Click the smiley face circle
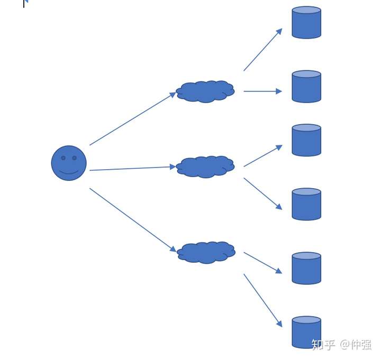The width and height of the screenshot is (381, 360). pyautogui.click(x=69, y=163)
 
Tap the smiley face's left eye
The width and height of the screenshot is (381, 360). pyautogui.click(x=63, y=158)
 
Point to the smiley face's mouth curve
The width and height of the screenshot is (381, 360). pyautogui.click(x=69, y=172)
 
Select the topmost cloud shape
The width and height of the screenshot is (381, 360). pyautogui.click(x=205, y=91)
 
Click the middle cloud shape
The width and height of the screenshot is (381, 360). pyautogui.click(x=205, y=167)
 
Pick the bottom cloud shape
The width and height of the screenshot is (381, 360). pyautogui.click(x=206, y=252)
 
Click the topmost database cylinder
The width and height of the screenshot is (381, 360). pyautogui.click(x=306, y=23)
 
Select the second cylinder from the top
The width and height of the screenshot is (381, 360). pyautogui.click(x=306, y=87)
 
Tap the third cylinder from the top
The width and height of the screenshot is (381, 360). pyautogui.click(x=306, y=141)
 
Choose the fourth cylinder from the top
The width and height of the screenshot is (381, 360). pyautogui.click(x=306, y=205)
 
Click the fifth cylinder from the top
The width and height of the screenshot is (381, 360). pyautogui.click(x=306, y=269)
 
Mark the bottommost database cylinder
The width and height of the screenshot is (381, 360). pyautogui.click(x=306, y=333)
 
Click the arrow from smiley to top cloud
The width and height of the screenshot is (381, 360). pyautogui.click(x=132, y=118)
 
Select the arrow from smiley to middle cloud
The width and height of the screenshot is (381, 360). pyautogui.click(x=132, y=168)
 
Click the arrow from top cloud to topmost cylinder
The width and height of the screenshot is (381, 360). pyautogui.click(x=262, y=50)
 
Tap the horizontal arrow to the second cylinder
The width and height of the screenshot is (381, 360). pyautogui.click(x=262, y=91)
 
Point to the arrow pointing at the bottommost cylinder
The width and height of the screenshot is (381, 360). pyautogui.click(x=262, y=300)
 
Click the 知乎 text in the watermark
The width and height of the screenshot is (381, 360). pyautogui.click(x=323, y=345)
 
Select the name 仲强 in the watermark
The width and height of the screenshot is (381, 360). pyautogui.click(x=361, y=345)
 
